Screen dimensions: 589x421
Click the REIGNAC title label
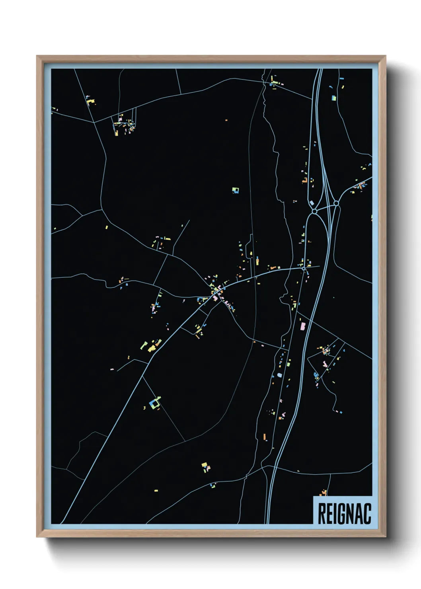tap(344, 513)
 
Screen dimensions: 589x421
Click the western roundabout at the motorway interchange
tap(314, 211)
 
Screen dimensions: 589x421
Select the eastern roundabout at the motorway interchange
tap(336, 203)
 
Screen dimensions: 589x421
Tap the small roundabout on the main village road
tap(304, 269)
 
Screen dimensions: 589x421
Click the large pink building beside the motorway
tap(303, 326)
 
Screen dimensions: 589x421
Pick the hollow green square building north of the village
tap(235, 190)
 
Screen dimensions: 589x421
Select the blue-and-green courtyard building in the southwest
tap(154, 403)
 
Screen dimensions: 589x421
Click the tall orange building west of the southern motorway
tap(265, 437)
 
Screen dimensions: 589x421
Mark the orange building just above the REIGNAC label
tap(323, 493)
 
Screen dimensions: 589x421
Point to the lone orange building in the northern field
tap(226, 120)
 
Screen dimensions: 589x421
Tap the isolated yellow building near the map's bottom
tap(156, 491)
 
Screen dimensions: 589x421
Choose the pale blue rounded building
tap(279, 375)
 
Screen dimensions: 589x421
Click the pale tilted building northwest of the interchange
tap(311, 203)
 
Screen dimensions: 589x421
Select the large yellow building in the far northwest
tap(91, 102)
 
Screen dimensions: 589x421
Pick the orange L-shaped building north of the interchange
tap(305, 180)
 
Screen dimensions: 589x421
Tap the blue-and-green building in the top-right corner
tap(334, 98)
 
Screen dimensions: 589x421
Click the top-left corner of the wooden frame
tap(37, 57)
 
